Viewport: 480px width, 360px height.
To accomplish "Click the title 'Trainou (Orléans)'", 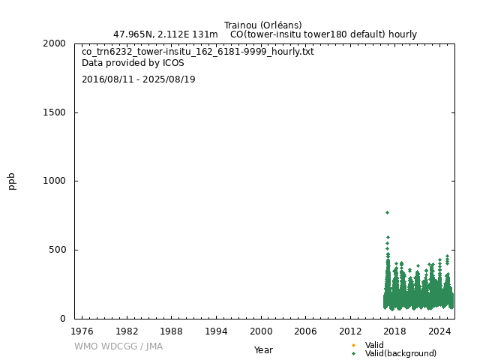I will (x=262, y=25).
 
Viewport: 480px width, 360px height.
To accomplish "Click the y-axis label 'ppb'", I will (x=12, y=181).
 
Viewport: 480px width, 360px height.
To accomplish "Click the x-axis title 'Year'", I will (x=263, y=349).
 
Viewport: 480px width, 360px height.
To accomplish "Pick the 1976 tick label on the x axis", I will (x=82, y=331).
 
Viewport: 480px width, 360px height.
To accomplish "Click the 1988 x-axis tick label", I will (x=171, y=331).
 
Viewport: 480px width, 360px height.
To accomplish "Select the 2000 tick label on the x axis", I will (x=261, y=331).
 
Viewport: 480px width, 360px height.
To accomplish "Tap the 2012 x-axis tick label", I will (x=350, y=331).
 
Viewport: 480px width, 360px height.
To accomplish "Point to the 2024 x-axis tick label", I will (x=439, y=331).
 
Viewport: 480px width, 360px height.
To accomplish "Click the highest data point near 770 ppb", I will (x=387, y=212).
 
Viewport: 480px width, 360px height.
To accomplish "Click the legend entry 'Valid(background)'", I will (x=400, y=353).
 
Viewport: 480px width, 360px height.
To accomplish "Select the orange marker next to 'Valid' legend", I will (x=353, y=345).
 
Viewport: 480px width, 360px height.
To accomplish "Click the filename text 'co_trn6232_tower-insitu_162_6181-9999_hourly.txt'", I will (x=197, y=52).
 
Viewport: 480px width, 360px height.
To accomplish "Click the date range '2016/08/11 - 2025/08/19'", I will (x=138, y=79).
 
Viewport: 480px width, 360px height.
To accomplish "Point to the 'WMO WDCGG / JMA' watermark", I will (x=118, y=346).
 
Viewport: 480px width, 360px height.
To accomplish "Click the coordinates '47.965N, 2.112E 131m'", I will (x=165, y=34).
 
